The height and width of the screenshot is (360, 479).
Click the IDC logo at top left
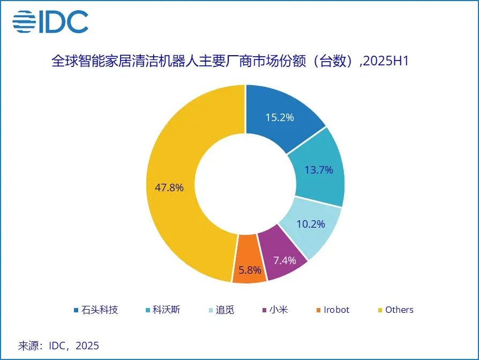51,21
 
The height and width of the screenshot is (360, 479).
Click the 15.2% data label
280,117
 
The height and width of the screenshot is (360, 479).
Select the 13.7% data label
319,170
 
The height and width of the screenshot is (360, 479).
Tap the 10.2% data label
311,224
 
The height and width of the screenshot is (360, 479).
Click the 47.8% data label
170,187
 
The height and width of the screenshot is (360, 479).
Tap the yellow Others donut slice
182,161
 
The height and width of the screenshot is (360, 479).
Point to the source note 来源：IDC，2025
59,346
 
